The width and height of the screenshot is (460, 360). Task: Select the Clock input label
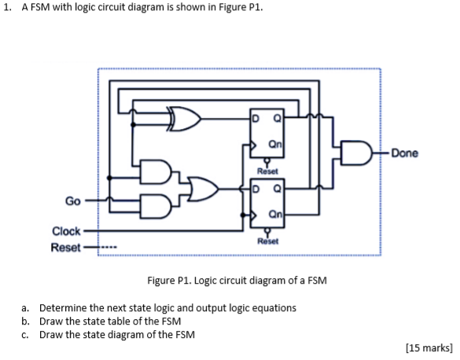pyautogui.click(x=66, y=231)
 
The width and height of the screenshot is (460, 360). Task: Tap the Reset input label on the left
pyautogui.click(x=66, y=247)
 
